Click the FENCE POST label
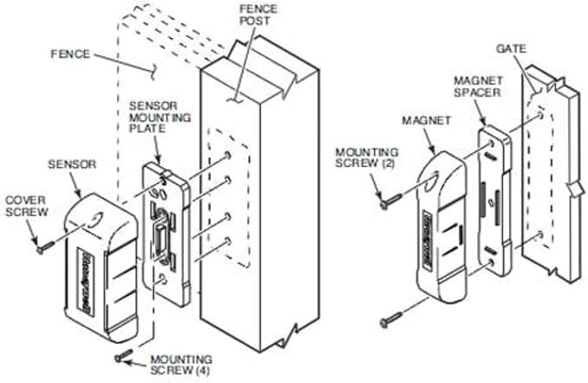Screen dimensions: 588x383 tap(258, 15)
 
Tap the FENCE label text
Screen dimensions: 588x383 tap(70, 54)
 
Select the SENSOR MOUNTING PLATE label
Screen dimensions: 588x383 tap(160, 118)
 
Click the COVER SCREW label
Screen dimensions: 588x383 tap(27, 206)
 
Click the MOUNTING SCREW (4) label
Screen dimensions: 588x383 tap(181, 365)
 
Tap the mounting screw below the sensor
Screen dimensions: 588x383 tap(124, 355)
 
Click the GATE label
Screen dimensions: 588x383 tap(511, 48)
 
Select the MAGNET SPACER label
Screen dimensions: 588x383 tap(478, 86)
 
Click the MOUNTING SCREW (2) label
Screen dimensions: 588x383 tap(366, 157)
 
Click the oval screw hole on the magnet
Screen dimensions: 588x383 tap(434, 179)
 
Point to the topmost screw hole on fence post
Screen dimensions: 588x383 tap(227, 155)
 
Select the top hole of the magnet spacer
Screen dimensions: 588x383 tap(492, 143)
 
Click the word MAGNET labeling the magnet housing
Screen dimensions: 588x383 tap(426, 120)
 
